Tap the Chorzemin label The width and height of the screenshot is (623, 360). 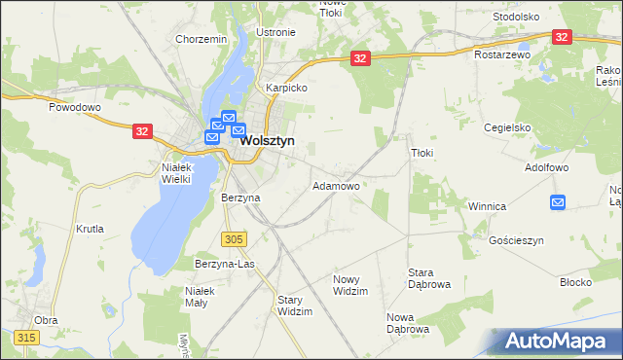[201, 39]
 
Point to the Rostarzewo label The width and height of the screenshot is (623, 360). [501, 55]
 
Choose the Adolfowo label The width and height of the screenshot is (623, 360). [545, 167]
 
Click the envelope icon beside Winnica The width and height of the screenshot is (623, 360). [558, 201]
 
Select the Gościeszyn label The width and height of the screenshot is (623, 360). [515, 240]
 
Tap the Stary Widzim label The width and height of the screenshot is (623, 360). [295, 306]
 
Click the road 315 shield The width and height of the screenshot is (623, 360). [26, 337]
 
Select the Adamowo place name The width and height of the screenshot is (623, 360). [336, 185]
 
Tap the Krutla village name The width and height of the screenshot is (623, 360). [89, 230]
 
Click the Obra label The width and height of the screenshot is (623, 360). [46, 320]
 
